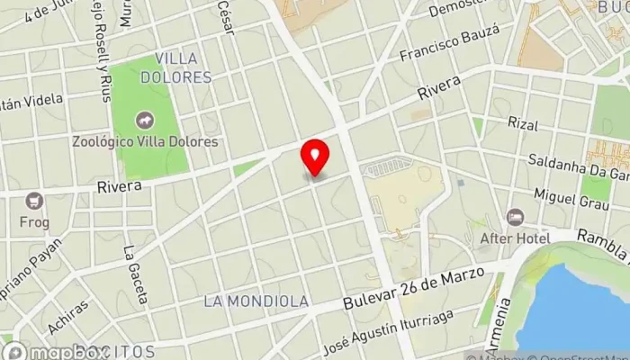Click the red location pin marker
click(315, 158)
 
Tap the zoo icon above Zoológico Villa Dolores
click(143, 121)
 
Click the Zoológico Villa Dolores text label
click(147, 141)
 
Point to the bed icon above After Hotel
click(515, 217)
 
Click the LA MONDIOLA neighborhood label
click(256, 301)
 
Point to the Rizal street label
click(522, 123)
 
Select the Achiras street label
click(69, 319)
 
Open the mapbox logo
click(40, 351)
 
